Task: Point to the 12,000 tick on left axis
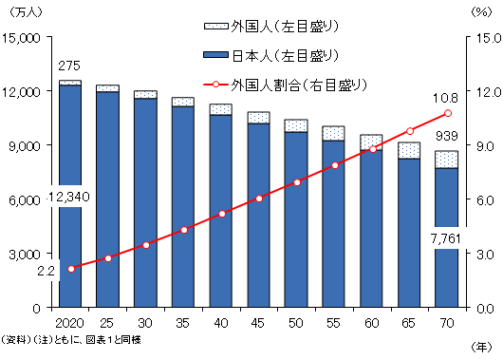tap(37, 91)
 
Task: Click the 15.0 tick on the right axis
tap(480, 37)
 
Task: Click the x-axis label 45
tap(258, 323)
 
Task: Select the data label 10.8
tap(445, 97)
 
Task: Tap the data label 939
tap(446, 138)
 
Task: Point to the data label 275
tap(69, 66)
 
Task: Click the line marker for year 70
tap(446, 114)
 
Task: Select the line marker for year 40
tap(221, 214)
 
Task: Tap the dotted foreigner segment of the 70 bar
tap(446, 160)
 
